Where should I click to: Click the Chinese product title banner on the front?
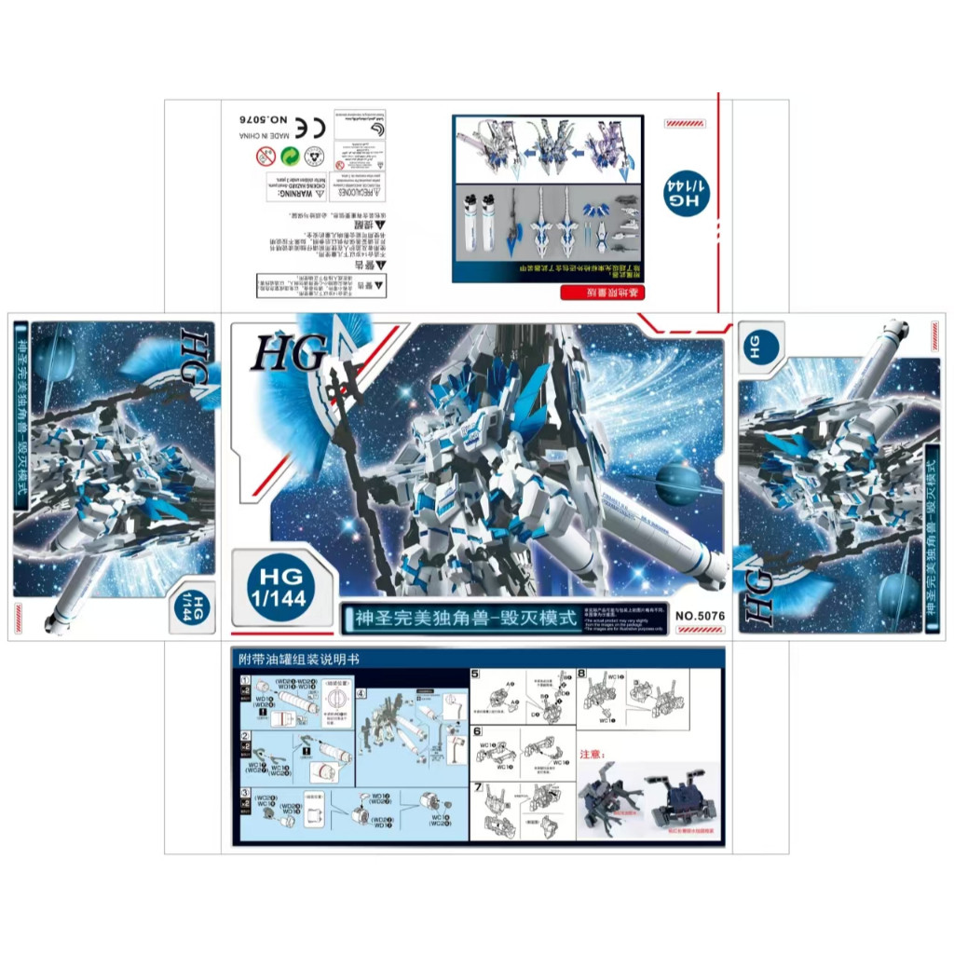click(x=459, y=618)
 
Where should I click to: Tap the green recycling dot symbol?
click(x=291, y=156)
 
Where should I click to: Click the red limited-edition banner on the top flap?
click(x=601, y=294)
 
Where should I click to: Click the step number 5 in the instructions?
click(x=475, y=674)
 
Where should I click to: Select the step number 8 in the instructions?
click(x=581, y=674)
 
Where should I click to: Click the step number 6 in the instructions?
click(x=476, y=731)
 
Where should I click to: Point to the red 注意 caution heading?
click(x=593, y=754)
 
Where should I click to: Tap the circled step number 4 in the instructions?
click(x=362, y=694)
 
